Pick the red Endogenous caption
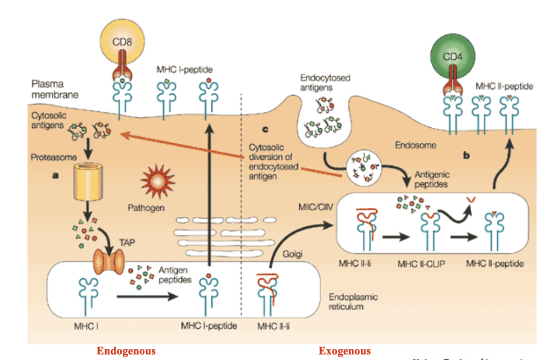pos(126,351)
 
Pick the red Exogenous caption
pos(345,351)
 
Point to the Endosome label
pos(414,145)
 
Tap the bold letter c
pos(266,129)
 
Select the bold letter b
pos(467,157)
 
